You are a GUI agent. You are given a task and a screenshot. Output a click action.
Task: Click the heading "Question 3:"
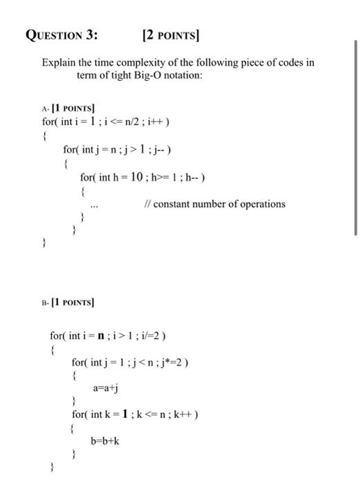62,35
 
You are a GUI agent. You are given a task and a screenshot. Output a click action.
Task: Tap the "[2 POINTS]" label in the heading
173,35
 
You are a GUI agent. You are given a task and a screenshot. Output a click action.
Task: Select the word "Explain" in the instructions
60,62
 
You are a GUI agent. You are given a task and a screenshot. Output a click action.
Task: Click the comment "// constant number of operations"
214,204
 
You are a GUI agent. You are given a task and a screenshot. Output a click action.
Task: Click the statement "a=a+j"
106,388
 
